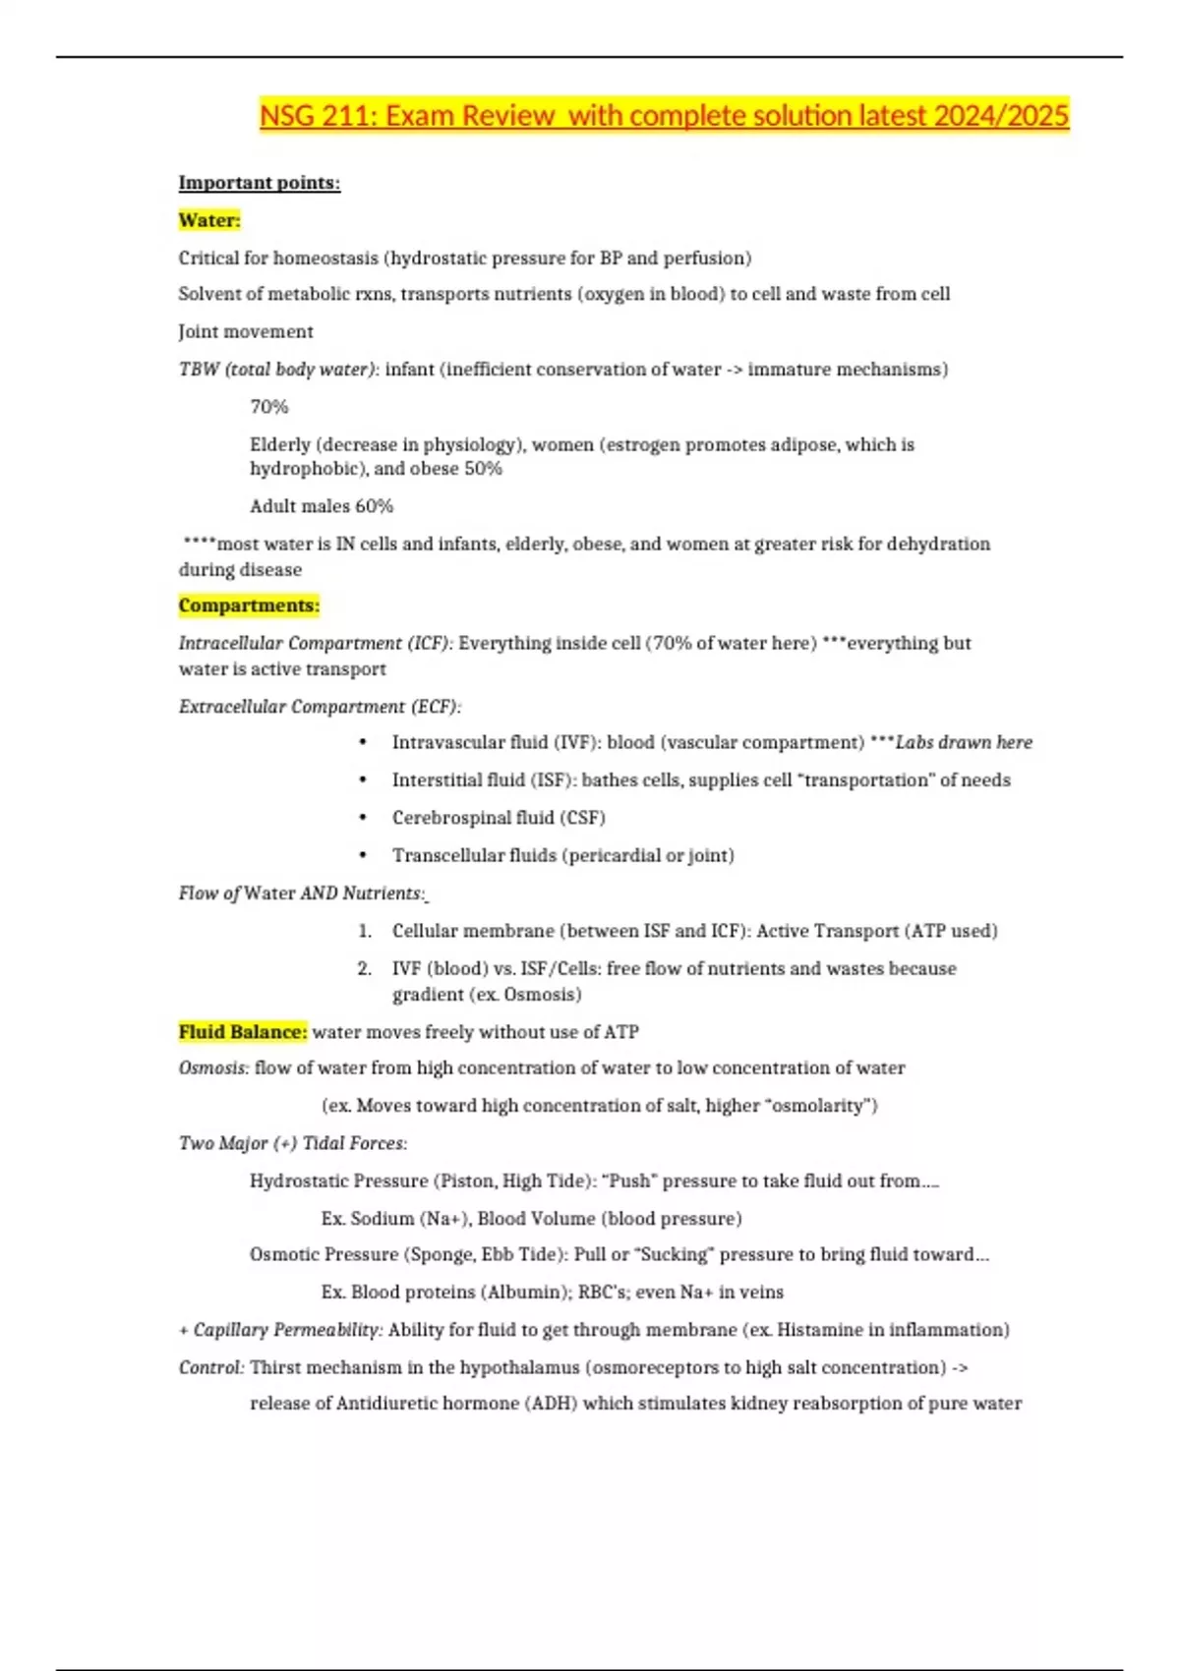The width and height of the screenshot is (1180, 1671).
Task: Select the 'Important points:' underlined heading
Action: [x=259, y=183]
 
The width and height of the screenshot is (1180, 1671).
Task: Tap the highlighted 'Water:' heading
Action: [x=209, y=220]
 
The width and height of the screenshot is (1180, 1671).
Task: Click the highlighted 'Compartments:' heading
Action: [x=249, y=605]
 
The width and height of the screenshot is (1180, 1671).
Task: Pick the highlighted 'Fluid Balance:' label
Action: [x=243, y=1032]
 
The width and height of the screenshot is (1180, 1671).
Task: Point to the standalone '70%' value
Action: [x=268, y=407]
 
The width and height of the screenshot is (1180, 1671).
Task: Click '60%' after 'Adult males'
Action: [x=374, y=506]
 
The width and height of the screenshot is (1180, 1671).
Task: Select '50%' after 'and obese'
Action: [x=483, y=469]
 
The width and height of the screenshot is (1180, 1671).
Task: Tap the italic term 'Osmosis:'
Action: [x=213, y=1068]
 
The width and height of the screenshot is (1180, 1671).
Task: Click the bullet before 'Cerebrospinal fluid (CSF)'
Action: [x=364, y=818]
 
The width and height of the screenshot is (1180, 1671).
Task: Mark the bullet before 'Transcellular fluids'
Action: [x=364, y=855]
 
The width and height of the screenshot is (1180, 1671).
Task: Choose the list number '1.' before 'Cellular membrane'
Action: [x=365, y=931]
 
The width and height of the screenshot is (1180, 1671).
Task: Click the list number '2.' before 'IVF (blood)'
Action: [x=365, y=968]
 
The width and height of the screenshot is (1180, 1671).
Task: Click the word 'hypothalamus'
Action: [x=519, y=1367]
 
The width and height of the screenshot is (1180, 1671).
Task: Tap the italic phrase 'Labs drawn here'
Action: [x=964, y=743]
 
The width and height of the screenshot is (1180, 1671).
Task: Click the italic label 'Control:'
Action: [x=211, y=1367]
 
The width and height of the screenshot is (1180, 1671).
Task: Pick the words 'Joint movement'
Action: [x=246, y=332]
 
